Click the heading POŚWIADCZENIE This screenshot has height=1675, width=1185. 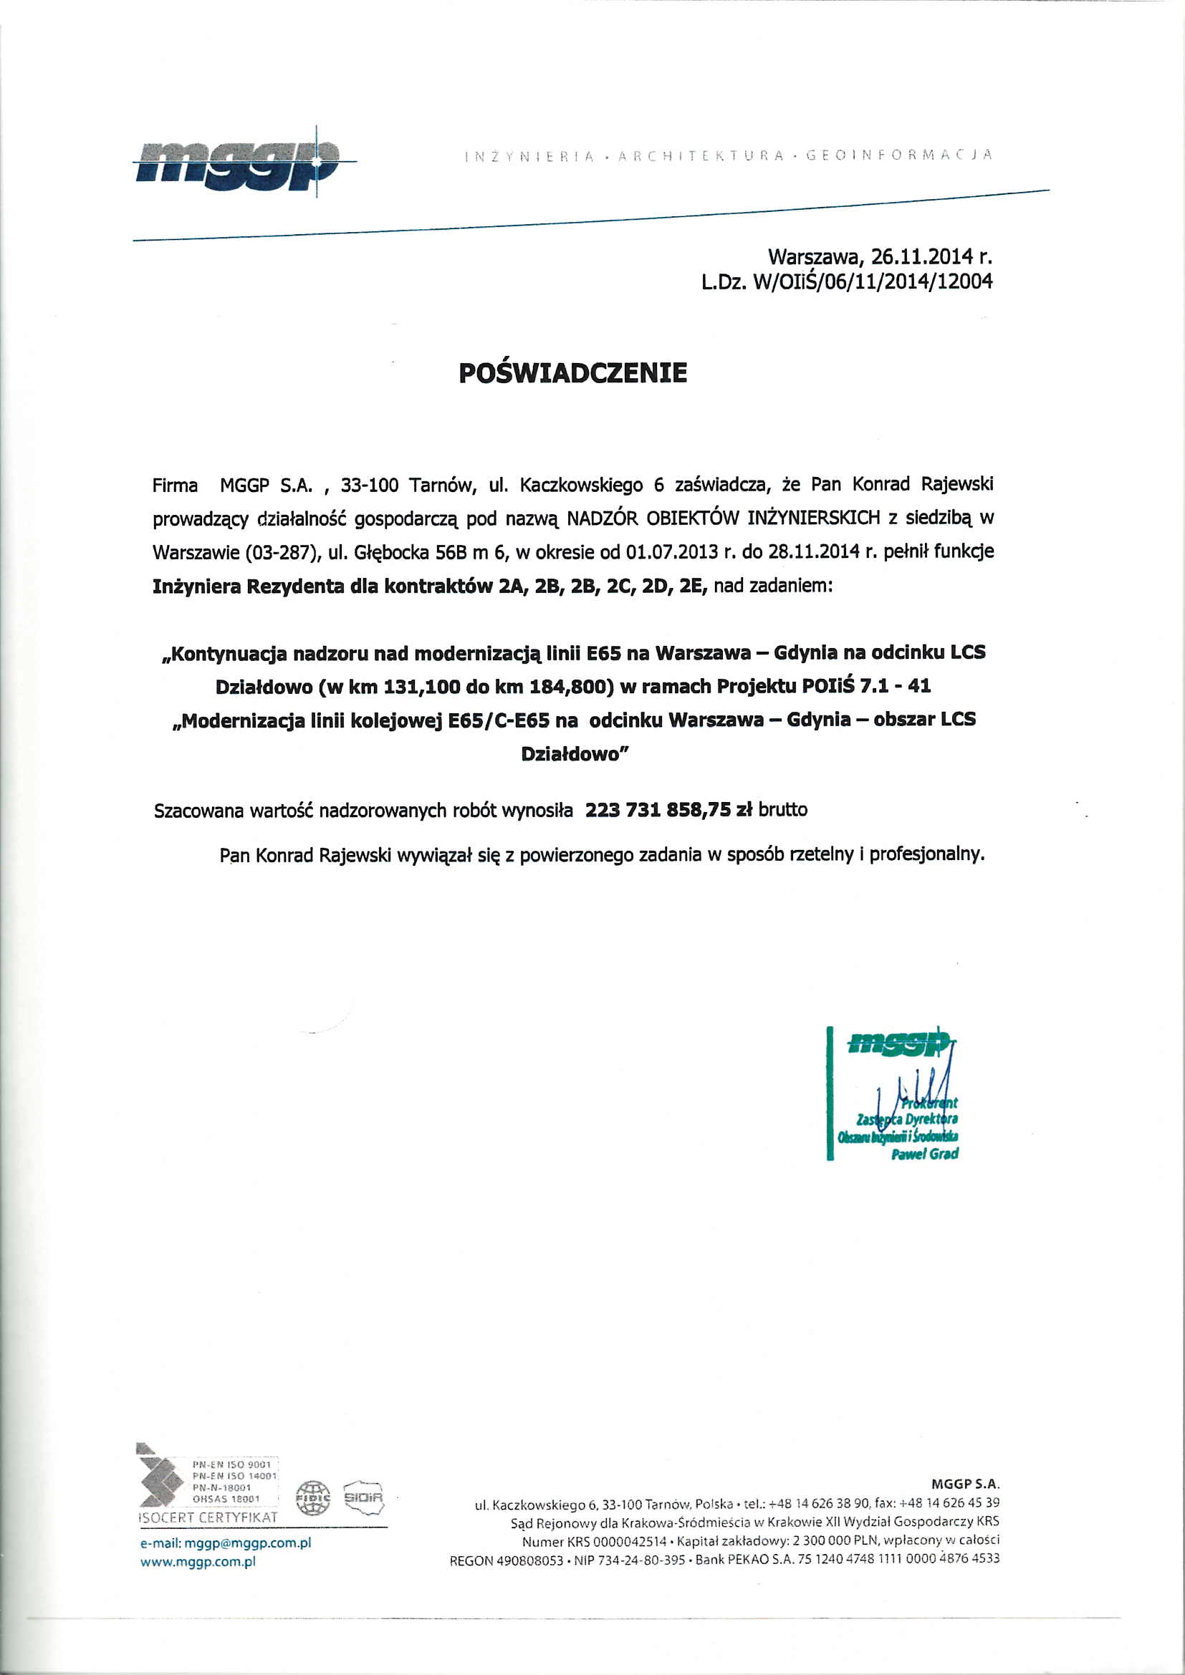[x=573, y=373]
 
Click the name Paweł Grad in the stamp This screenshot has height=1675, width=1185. [x=924, y=1154]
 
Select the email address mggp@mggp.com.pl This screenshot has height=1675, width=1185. [x=248, y=1543]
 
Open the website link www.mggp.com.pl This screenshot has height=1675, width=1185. [x=198, y=1562]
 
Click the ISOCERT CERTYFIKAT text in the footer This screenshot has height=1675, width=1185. [x=208, y=1517]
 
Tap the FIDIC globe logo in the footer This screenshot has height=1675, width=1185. [x=313, y=1498]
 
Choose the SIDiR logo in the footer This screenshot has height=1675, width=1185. [x=363, y=1497]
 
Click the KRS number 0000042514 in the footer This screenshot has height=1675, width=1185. [x=630, y=1542]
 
